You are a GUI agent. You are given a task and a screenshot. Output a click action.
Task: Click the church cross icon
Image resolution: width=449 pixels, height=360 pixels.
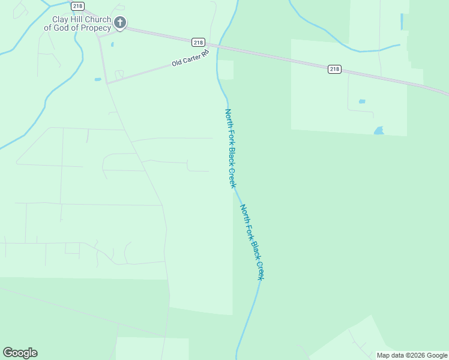tap(120, 23)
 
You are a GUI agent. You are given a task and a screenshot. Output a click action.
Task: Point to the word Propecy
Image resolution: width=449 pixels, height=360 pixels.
tap(96, 28)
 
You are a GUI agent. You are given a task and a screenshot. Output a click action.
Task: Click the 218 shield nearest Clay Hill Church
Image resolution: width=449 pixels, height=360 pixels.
tap(77, 6)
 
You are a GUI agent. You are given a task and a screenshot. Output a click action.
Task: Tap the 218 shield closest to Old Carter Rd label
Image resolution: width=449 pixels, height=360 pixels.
tap(199, 42)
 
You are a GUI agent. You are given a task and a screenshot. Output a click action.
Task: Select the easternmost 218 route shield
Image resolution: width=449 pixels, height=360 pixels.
tap(335, 69)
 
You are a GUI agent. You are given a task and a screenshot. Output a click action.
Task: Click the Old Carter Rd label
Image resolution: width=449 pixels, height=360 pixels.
tap(190, 58)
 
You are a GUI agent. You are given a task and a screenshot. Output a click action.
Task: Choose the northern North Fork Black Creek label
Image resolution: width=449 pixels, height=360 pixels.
tap(229, 148)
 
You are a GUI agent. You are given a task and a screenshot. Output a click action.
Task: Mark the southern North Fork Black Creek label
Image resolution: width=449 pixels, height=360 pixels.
tap(252, 242)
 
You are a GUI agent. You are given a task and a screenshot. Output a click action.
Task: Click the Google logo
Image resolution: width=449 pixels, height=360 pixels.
tap(20, 353)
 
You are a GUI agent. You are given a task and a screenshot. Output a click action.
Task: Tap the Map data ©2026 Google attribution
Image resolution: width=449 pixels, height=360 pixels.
tap(412, 355)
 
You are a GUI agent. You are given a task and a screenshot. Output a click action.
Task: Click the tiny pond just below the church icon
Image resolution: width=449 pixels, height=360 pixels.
tap(112, 44)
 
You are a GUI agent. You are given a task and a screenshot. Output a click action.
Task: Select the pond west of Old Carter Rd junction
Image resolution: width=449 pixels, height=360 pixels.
tap(98, 79)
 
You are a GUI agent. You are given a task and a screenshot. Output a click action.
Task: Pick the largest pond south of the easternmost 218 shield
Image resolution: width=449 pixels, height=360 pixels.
tap(378, 130)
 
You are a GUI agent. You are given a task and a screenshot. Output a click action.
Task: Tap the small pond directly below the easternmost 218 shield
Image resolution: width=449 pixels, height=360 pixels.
tap(362, 101)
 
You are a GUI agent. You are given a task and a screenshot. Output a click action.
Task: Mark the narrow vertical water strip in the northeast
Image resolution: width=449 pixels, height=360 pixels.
tap(402, 22)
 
